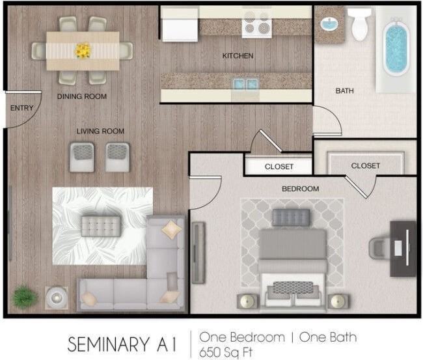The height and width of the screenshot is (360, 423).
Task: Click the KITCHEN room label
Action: tap(238, 56)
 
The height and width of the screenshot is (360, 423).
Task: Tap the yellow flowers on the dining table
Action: tap(83, 51)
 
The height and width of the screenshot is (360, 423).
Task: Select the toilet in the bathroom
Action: tap(360, 23)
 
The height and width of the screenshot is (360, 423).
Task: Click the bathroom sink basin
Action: tap(329, 24)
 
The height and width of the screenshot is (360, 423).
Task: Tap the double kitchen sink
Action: tap(245, 84)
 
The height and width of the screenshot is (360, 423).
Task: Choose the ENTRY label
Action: tap(22, 108)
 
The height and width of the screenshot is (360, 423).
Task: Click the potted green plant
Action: tap(24, 297)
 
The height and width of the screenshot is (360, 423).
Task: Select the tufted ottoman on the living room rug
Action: tap(101, 226)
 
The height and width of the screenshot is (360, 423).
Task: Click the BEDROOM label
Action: tap(300, 189)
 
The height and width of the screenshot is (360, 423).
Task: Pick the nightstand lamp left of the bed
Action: tap(247, 301)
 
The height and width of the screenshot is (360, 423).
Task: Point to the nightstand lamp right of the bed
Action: tap(338, 301)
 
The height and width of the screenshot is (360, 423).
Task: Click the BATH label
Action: tap(344, 91)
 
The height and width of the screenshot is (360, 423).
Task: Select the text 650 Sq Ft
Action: tap(226, 352)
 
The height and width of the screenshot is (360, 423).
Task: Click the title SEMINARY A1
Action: tap(122, 344)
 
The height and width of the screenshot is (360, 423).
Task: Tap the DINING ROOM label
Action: tap(82, 96)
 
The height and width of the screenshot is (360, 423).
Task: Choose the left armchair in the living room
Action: tap(82, 158)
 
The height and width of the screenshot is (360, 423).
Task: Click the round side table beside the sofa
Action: tap(57, 298)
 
